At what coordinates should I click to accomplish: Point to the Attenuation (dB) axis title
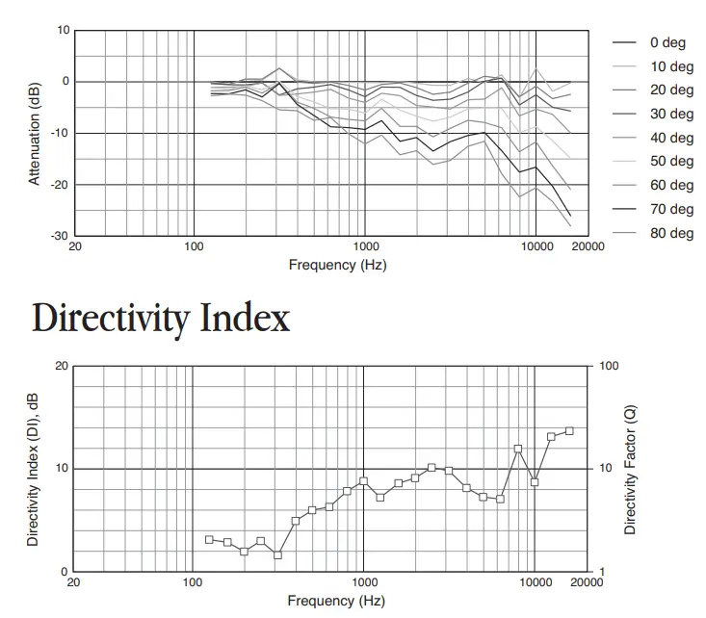tap(36, 133)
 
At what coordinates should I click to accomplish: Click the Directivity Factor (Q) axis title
tap(631, 469)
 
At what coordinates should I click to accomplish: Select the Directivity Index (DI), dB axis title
tap(33, 469)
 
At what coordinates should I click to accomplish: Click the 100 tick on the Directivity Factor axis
tap(609, 367)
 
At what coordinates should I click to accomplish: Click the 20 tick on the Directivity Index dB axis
tap(62, 367)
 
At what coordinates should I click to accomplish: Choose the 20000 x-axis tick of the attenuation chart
tap(586, 246)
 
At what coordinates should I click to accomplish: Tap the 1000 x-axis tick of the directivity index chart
tap(363, 583)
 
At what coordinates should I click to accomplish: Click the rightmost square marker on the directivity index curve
tap(569, 431)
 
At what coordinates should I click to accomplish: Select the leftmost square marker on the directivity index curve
tap(209, 540)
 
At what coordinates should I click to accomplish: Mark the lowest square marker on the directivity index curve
tap(277, 555)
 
